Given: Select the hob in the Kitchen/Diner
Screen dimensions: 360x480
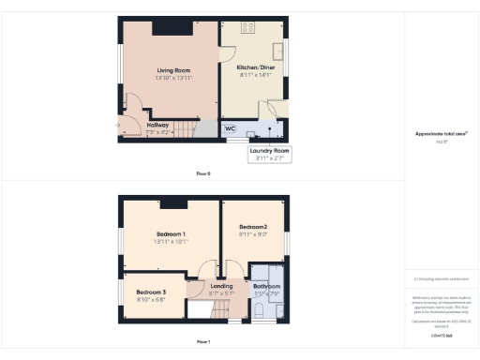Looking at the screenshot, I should point(249,27).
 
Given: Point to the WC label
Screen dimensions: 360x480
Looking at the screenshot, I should point(230,127).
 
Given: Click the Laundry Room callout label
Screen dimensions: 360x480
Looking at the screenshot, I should point(269,151).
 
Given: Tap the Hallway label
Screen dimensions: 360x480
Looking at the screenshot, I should point(157,125).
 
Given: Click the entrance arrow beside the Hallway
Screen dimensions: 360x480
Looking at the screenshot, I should point(117,125).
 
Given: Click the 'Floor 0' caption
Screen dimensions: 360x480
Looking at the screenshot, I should point(203,174).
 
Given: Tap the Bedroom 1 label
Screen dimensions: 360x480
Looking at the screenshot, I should point(171,233).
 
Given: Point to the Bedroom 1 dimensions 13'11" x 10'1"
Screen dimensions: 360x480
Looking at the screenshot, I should point(171,241).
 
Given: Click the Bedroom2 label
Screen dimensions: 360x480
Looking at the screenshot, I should point(253,228).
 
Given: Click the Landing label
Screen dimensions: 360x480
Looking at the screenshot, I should point(222,286).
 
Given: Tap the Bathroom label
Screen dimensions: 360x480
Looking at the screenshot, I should point(267,286).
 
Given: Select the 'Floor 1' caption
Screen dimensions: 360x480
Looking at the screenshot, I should point(203,342).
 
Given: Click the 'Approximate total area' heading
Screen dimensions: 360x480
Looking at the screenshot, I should point(441,133).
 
